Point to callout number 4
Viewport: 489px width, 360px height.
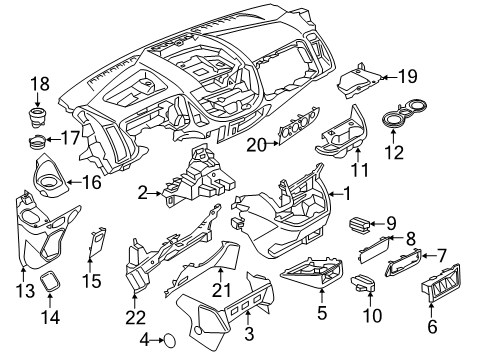(143, 339)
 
